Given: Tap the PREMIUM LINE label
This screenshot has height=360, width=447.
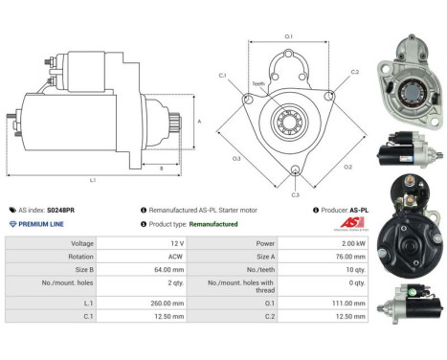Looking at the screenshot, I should pyautogui.click(x=40, y=223).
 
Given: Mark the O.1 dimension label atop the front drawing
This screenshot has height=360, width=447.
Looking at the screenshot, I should pyautogui.click(x=289, y=36).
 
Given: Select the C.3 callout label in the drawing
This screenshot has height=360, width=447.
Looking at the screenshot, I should pyautogui.click(x=295, y=194).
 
